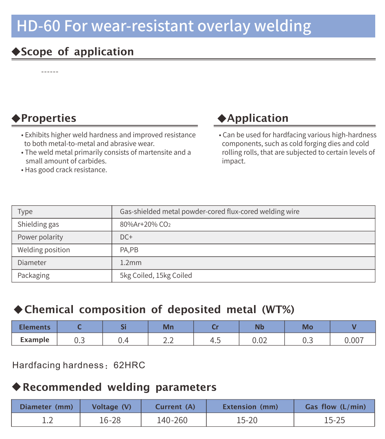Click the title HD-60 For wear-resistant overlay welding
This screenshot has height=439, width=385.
(x=164, y=26)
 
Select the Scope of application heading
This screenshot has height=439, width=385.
(x=73, y=52)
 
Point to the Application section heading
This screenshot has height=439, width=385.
(x=253, y=118)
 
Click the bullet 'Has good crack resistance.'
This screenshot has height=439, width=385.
(x=66, y=170)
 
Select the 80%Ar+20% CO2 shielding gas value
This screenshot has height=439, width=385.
(x=145, y=224)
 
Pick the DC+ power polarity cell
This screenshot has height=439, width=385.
(x=126, y=237)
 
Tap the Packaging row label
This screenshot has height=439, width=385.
(x=33, y=275)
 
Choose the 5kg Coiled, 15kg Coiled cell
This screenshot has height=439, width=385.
(x=156, y=275)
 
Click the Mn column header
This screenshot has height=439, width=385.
(x=168, y=327)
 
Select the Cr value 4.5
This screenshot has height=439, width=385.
(x=215, y=340)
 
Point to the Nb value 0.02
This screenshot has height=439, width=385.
(x=260, y=340)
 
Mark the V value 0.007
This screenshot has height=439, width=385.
(x=354, y=340)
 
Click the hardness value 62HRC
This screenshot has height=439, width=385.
(x=129, y=365)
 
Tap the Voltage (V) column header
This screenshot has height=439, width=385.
(x=112, y=406)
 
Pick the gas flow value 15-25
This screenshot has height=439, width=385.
(x=335, y=420)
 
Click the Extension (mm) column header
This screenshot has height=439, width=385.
(x=250, y=406)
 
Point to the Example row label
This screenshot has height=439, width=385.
(x=35, y=340)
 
